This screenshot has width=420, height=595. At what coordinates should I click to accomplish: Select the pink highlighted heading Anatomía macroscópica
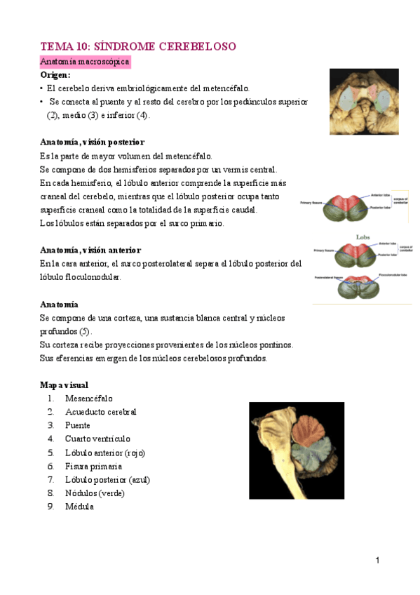85,62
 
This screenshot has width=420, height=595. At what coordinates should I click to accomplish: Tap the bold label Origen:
55,75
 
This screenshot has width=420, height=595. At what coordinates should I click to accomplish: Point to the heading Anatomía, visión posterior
92,142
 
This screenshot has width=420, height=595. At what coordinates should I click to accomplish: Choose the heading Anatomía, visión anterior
90,250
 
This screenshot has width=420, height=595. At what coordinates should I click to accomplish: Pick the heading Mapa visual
64,385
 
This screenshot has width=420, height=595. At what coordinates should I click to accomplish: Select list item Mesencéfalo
88,399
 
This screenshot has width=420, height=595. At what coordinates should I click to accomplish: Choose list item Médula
79,507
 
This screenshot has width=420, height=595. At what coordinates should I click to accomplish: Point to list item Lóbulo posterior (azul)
107,480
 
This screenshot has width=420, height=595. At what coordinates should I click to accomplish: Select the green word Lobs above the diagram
363,237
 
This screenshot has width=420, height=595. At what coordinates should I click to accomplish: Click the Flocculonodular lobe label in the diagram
394,275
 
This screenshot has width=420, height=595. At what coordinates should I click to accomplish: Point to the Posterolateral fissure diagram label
329,278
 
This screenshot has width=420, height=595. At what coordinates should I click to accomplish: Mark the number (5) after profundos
85,331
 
